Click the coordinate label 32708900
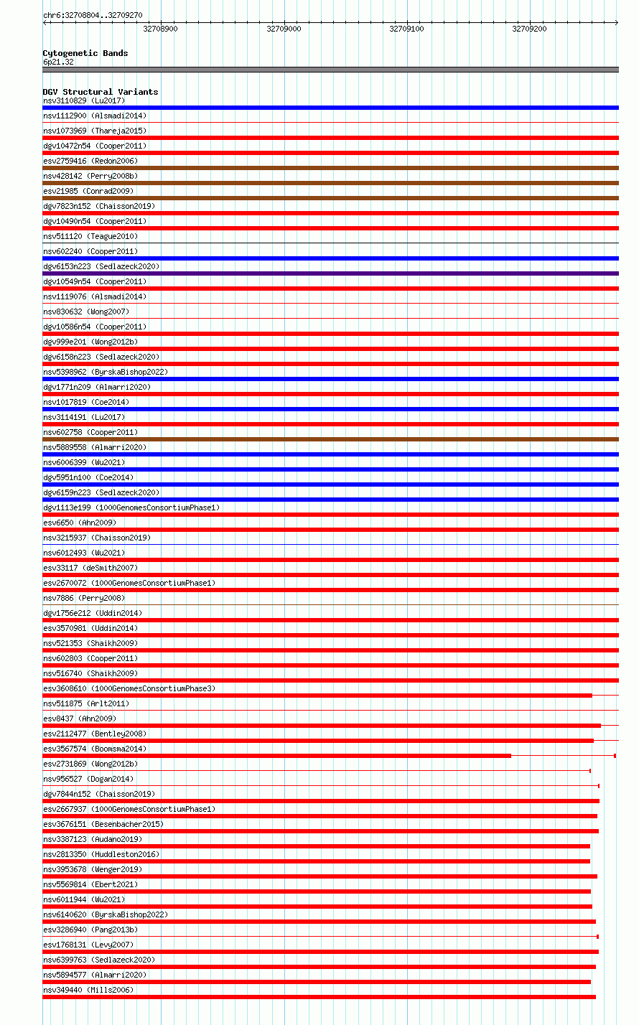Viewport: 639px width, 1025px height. [160, 29]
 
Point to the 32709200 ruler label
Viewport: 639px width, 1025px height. [529, 29]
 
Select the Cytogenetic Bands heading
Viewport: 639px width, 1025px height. [85, 53]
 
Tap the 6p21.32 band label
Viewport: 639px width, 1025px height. [58, 62]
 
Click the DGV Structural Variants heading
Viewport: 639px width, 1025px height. [100, 92]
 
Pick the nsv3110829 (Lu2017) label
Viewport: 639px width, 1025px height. [83, 100]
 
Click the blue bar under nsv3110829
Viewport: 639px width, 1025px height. [330, 108]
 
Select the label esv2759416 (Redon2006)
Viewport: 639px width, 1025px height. [90, 161]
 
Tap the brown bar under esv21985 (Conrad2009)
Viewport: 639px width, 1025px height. [330, 198]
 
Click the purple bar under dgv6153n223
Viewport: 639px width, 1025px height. [330, 273]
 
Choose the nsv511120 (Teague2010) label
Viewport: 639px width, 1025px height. [90, 236]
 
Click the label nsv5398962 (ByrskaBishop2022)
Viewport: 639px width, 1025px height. [105, 372]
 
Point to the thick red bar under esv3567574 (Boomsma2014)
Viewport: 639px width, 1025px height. [276, 756]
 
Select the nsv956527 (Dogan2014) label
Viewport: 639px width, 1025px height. [88, 779]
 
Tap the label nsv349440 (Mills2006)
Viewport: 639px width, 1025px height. [88, 990]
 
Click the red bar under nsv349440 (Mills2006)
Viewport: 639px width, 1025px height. [319, 997]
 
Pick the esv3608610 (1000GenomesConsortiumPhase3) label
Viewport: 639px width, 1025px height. [129, 688]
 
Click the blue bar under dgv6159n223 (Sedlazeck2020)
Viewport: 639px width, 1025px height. [330, 500]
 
